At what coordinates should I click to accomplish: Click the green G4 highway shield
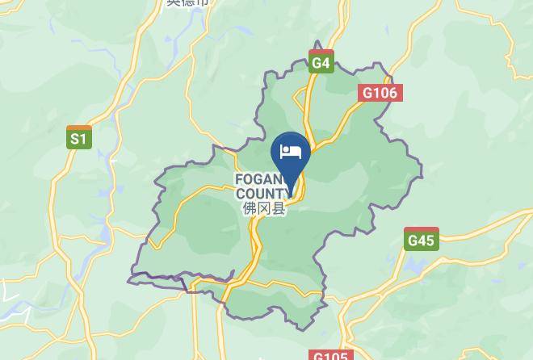click(x=321, y=61)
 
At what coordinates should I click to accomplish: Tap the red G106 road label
click(x=380, y=93)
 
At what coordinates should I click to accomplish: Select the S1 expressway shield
click(x=78, y=138)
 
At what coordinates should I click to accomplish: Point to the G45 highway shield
click(x=421, y=239)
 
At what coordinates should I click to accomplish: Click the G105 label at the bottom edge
click(x=329, y=355)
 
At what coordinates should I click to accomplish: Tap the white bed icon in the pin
click(x=291, y=151)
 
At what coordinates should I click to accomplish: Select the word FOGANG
click(x=258, y=179)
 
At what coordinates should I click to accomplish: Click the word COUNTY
click(x=261, y=194)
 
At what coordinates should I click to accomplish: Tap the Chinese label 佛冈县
click(x=264, y=208)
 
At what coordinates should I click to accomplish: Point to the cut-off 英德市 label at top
click(x=187, y=2)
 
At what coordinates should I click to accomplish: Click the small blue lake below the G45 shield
click(x=418, y=263)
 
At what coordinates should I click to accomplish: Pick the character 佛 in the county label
click(x=249, y=208)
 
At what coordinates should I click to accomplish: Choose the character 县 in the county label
click(x=279, y=208)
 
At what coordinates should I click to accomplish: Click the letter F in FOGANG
click(x=238, y=179)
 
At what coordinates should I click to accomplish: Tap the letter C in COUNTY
click(x=240, y=194)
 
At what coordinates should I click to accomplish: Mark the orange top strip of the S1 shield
click(x=78, y=128)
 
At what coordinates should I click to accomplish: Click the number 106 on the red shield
click(x=384, y=93)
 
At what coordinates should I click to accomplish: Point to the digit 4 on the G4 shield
click(x=325, y=63)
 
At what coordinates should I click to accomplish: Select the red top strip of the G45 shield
click(x=421, y=230)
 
